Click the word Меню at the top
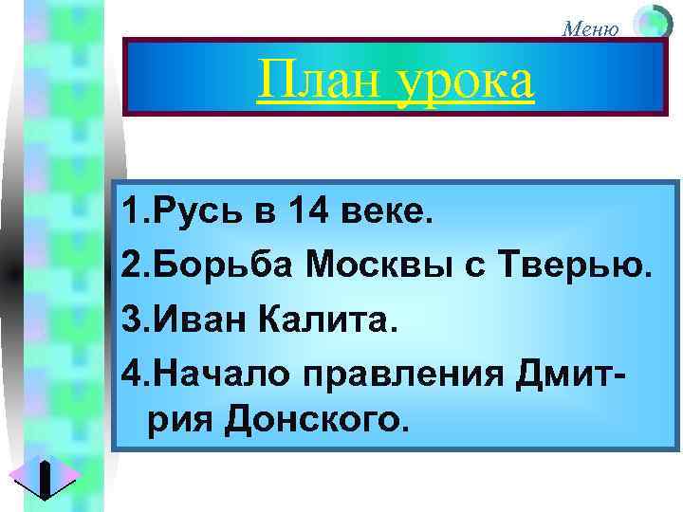[x=591, y=28]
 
